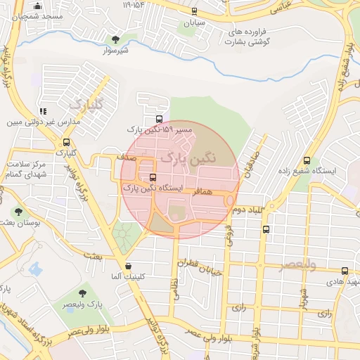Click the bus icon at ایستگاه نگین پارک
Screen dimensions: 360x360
pyautogui.click(x=153, y=178)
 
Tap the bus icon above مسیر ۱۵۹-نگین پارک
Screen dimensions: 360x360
pyautogui.click(x=158, y=119)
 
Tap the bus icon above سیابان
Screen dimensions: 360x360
pyautogui.click(x=193, y=11)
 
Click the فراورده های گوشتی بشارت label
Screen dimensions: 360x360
pyautogui.click(x=250, y=37)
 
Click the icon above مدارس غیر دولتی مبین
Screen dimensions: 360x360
pyautogui.click(x=43, y=110)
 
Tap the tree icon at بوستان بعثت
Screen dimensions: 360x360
pyautogui.click(x=18, y=210)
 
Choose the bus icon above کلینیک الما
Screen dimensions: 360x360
pyautogui.click(x=127, y=266)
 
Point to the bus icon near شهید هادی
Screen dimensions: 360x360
pyautogui.click(x=345, y=271)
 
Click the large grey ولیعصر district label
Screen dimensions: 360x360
pyautogui.click(x=298, y=265)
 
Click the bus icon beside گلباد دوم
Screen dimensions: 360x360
pyautogui.click(x=265, y=229)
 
